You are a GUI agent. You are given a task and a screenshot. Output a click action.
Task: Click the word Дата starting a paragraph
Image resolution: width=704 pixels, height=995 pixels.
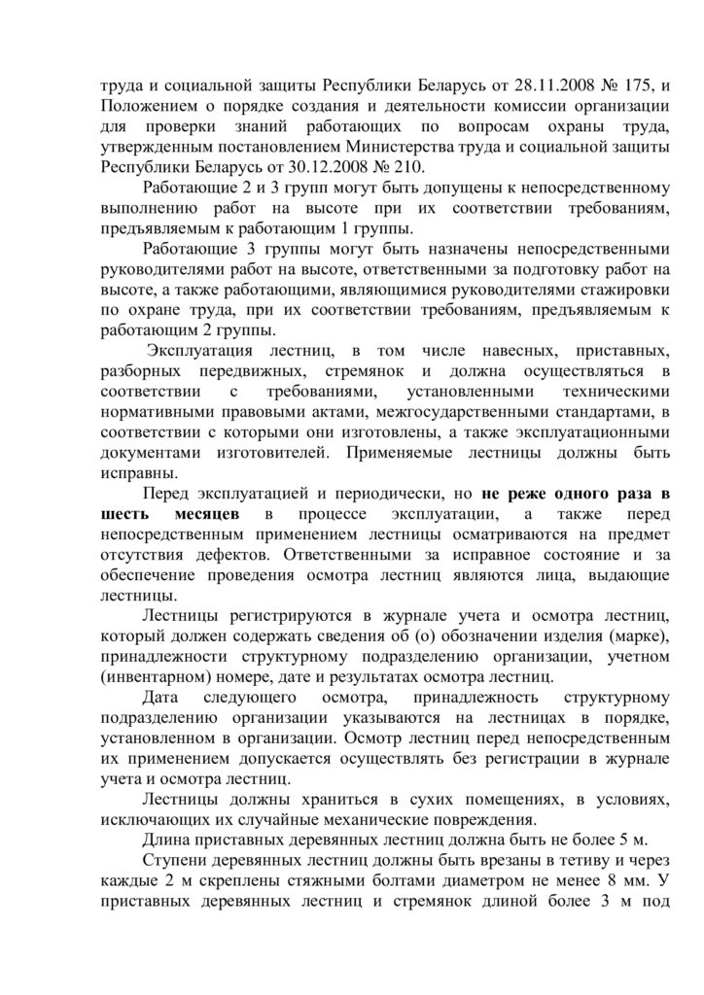(161, 698)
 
